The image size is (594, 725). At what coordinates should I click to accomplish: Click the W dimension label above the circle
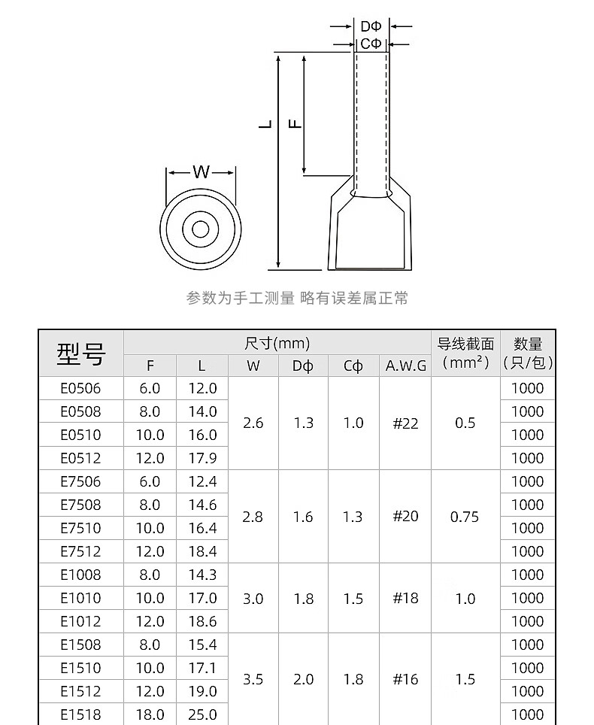click(201, 172)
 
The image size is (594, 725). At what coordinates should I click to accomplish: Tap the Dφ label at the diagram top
click(371, 27)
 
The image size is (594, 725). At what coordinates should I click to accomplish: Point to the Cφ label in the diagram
click(371, 44)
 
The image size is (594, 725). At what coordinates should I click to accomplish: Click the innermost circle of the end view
click(200, 229)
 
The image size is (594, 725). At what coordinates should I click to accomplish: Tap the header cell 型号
click(81, 353)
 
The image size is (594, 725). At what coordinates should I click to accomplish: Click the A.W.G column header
click(406, 366)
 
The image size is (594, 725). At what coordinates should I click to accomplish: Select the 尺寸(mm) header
click(277, 344)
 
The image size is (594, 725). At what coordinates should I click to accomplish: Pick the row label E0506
click(80, 388)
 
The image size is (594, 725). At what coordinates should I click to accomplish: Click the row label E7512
click(80, 551)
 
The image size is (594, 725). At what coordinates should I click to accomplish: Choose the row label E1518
click(80, 714)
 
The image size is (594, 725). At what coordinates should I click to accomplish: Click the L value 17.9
click(202, 458)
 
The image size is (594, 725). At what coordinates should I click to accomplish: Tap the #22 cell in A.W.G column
click(405, 423)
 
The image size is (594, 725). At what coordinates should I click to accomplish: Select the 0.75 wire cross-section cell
click(465, 517)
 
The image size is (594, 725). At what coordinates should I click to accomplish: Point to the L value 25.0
click(202, 714)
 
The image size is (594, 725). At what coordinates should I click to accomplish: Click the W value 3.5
click(253, 679)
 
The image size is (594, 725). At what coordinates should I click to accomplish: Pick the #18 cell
click(405, 598)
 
